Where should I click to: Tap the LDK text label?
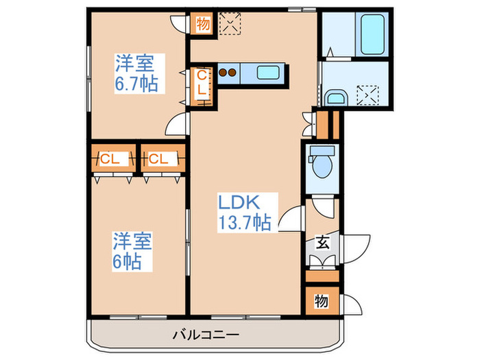pyautogui.click(x=239, y=203)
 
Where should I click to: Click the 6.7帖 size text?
pyautogui.click(x=136, y=84)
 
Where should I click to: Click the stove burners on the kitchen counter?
pyautogui.click(x=228, y=71)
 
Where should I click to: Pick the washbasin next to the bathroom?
pyautogui.click(x=335, y=97)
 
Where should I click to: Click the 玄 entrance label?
pyautogui.click(x=321, y=241)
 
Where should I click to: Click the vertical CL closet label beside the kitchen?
pyautogui.click(x=202, y=84)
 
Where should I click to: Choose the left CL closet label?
pyautogui.click(x=110, y=160)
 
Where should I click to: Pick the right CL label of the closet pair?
pyautogui.click(x=158, y=160)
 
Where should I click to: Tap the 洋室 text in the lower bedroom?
pyautogui.click(x=132, y=241)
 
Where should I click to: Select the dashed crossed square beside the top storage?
pyautogui.click(x=228, y=24)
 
